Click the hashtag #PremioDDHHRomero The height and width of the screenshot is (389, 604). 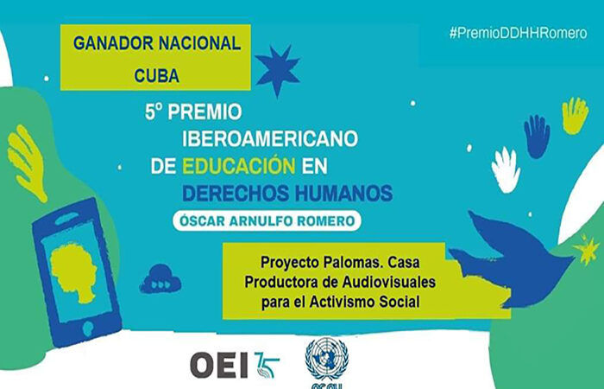519,32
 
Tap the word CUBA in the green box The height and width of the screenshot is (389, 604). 155,74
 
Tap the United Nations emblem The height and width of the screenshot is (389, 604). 326,356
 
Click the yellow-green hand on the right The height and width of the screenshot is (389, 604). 575,115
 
